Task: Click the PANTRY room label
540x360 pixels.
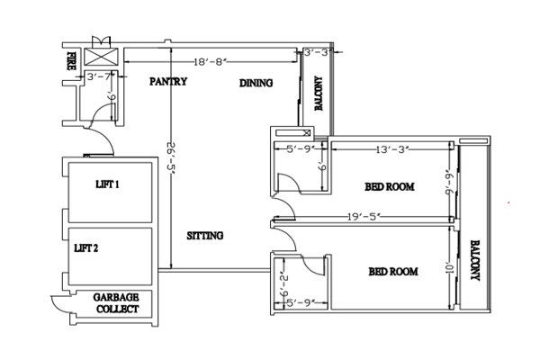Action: [168, 81]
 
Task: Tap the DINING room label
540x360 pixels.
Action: [256, 83]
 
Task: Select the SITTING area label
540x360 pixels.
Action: [205, 236]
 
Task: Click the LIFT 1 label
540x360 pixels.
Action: [107, 184]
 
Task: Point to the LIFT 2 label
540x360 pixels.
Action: [86, 248]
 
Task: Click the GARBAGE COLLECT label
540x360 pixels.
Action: [116, 303]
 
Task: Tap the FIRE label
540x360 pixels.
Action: [71, 61]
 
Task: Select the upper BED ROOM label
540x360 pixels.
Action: [390, 186]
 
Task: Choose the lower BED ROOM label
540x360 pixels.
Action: [393, 272]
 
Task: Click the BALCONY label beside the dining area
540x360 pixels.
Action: [319, 94]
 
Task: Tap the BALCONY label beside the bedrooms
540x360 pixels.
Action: [475, 260]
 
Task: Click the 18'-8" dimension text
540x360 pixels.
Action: [211, 62]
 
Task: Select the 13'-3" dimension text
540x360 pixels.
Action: [392, 150]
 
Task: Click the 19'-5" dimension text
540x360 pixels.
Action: [364, 217]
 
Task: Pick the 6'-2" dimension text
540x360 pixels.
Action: [284, 284]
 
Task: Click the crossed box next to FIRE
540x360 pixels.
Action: [101, 57]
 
